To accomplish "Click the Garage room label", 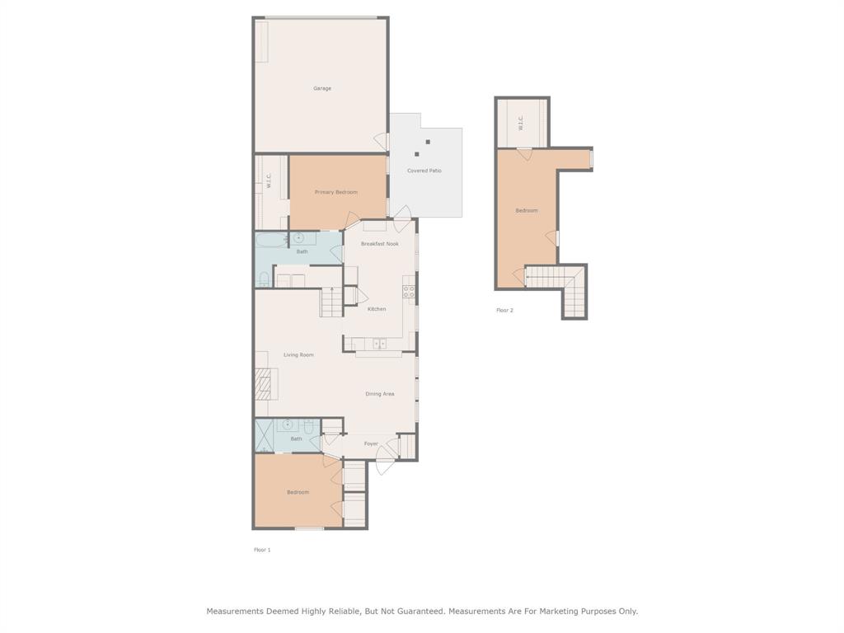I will click(322, 88).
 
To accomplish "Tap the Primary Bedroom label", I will click(336, 192).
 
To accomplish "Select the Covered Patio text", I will click(424, 171).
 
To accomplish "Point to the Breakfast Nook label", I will click(379, 244).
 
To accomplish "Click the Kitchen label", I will click(377, 309).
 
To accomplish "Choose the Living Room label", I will click(298, 355).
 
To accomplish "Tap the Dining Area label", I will click(379, 394).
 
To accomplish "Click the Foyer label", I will click(371, 443).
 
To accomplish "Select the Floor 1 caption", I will click(262, 550).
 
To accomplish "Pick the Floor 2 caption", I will click(504, 311).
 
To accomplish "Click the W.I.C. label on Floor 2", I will click(521, 124).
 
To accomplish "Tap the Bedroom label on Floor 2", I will click(527, 211).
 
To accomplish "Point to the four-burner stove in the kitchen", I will click(408, 291).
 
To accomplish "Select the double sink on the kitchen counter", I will click(379, 344).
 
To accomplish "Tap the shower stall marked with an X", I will click(264, 436).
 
